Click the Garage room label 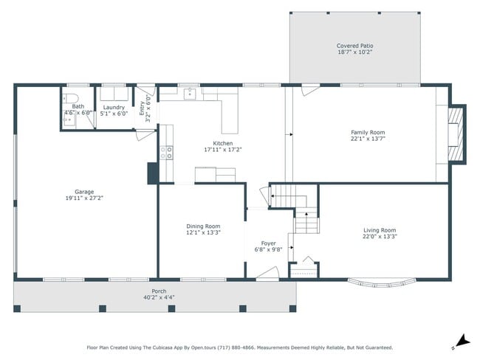83,192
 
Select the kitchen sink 190,93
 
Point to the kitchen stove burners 168,153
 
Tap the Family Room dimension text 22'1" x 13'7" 368,138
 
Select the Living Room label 379,230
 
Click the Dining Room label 202,226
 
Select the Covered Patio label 354,46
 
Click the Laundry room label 114,107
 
